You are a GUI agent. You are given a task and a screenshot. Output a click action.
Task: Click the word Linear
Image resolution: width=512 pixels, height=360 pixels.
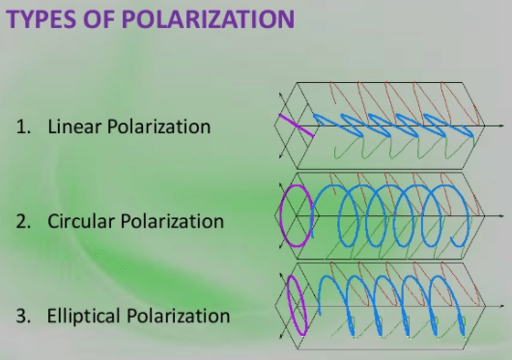coord(74,127)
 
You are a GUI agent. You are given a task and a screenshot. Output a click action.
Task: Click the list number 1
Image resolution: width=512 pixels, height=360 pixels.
coord(22,127)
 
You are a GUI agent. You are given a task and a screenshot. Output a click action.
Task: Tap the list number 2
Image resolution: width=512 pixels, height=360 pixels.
coord(22,221)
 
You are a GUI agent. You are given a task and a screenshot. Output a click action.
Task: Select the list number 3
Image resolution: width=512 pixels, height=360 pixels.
coord(22,316)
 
